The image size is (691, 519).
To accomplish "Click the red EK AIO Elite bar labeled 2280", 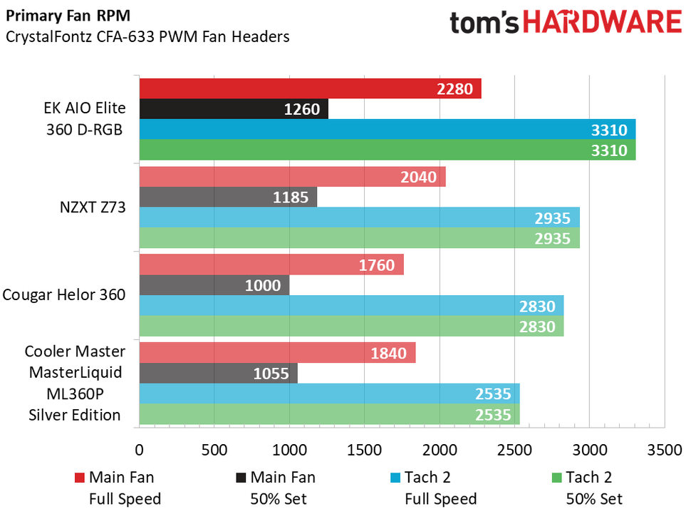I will pos(310,89).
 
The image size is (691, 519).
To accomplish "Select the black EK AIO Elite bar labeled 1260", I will pos(234,110).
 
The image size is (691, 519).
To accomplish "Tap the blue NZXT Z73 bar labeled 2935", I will pos(359,218).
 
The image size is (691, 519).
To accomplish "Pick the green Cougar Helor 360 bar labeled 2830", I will pos(351,327).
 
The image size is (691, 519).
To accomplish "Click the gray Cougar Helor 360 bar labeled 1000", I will pos(214,285).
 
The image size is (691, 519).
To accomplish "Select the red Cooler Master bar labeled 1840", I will pos(277,353).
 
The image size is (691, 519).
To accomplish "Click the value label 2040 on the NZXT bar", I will pos(420,177).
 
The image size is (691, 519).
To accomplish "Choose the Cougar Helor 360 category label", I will pos(64,295).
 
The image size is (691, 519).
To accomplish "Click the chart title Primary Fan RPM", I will pos(59,18).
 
